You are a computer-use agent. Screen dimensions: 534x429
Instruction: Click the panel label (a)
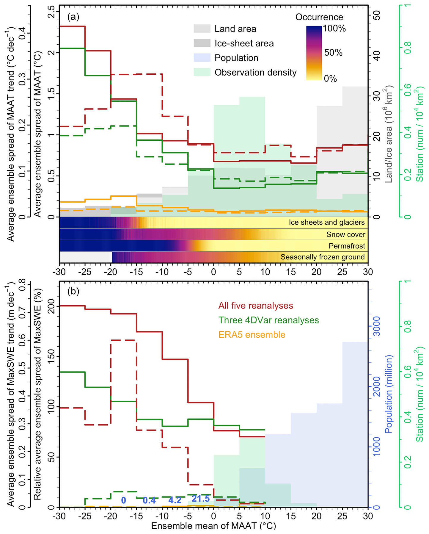click(x=73, y=17)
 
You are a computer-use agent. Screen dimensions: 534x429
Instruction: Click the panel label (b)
click(x=73, y=291)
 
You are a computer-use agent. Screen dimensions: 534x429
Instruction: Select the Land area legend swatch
click(x=202, y=29)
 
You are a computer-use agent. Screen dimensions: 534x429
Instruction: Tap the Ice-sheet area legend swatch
click(x=202, y=43)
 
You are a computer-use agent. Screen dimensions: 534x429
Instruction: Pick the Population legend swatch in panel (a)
click(x=202, y=58)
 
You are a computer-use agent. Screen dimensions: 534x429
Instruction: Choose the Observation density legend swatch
click(x=202, y=72)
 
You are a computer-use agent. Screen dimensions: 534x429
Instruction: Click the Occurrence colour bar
click(x=314, y=53)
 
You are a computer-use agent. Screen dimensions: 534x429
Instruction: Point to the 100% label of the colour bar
click(x=334, y=29)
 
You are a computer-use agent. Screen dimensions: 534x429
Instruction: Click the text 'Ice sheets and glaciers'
click(x=326, y=223)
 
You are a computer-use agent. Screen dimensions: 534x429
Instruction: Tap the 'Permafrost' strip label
click(x=347, y=246)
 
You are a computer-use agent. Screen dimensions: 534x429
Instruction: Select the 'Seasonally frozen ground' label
click(x=323, y=257)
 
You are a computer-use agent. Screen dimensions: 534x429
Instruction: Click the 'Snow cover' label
click(x=345, y=234)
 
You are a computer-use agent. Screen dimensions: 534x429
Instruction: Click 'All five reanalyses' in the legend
click(x=256, y=306)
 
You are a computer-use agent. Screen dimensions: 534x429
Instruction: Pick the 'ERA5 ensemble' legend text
click(x=252, y=335)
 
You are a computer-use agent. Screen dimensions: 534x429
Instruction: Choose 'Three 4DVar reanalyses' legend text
click(x=268, y=320)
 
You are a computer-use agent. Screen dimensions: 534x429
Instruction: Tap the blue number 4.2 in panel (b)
click(x=175, y=500)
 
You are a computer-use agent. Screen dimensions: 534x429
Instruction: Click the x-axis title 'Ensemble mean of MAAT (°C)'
click(x=213, y=526)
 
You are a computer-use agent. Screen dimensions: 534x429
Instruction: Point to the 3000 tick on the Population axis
click(x=376, y=326)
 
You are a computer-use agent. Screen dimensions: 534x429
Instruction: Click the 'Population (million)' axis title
click(x=389, y=394)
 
